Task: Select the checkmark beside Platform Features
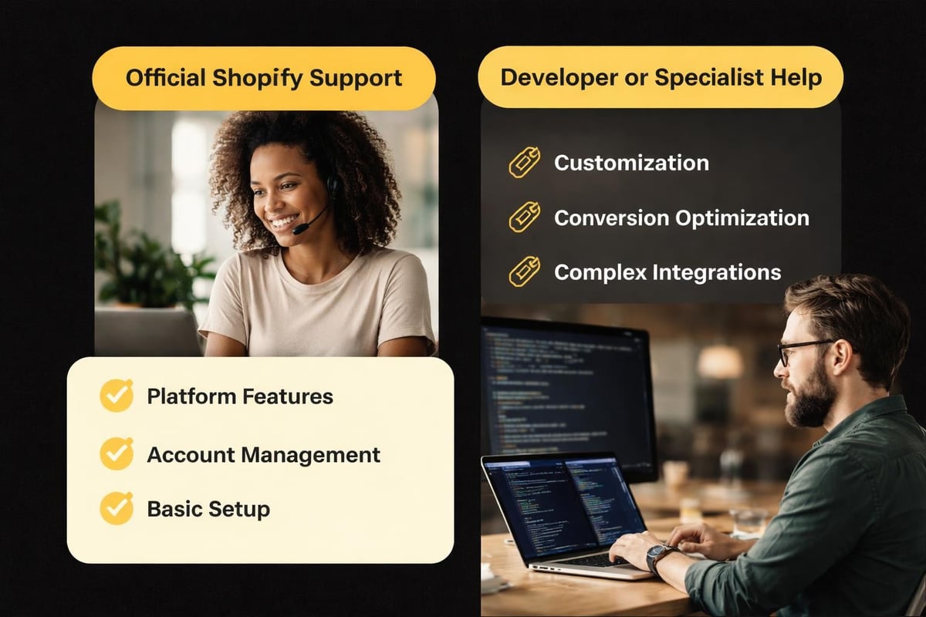pyautogui.click(x=117, y=396)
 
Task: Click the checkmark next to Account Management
pyautogui.click(x=117, y=453)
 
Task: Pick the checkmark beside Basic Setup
pyautogui.click(x=117, y=509)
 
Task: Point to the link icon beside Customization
pyautogui.click(x=524, y=164)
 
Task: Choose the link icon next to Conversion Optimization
pyautogui.click(x=524, y=218)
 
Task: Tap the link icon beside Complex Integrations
pyautogui.click(x=524, y=272)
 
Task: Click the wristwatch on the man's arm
pyautogui.click(x=661, y=558)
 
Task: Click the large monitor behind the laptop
pyautogui.click(x=567, y=393)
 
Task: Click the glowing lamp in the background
pyautogui.click(x=719, y=360)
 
